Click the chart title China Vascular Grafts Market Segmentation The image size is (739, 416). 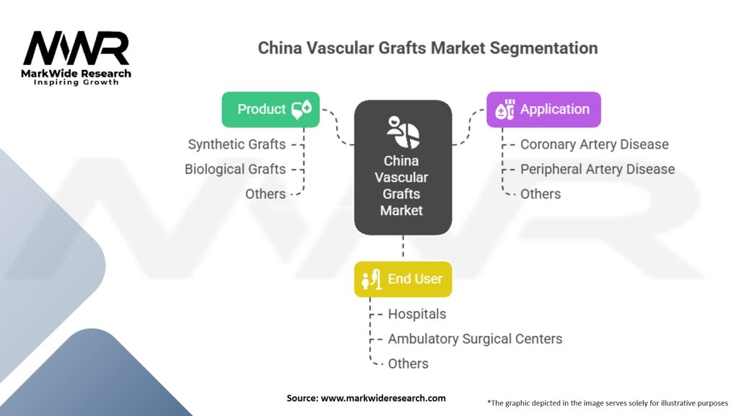428,48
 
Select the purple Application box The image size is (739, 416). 543,109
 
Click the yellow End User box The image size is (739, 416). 403,279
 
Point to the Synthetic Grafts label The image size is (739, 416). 237,144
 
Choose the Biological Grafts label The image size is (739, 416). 235,169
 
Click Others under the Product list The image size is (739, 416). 265,194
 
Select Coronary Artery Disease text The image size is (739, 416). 594,144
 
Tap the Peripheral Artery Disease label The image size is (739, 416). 598,169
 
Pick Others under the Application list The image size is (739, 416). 540,194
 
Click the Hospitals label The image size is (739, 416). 416,314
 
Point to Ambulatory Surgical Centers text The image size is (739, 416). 475,339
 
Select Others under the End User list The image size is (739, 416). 408,363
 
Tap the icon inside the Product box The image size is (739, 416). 301,110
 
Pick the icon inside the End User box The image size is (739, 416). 371,279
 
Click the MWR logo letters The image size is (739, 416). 76,48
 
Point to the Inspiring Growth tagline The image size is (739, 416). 76,82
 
